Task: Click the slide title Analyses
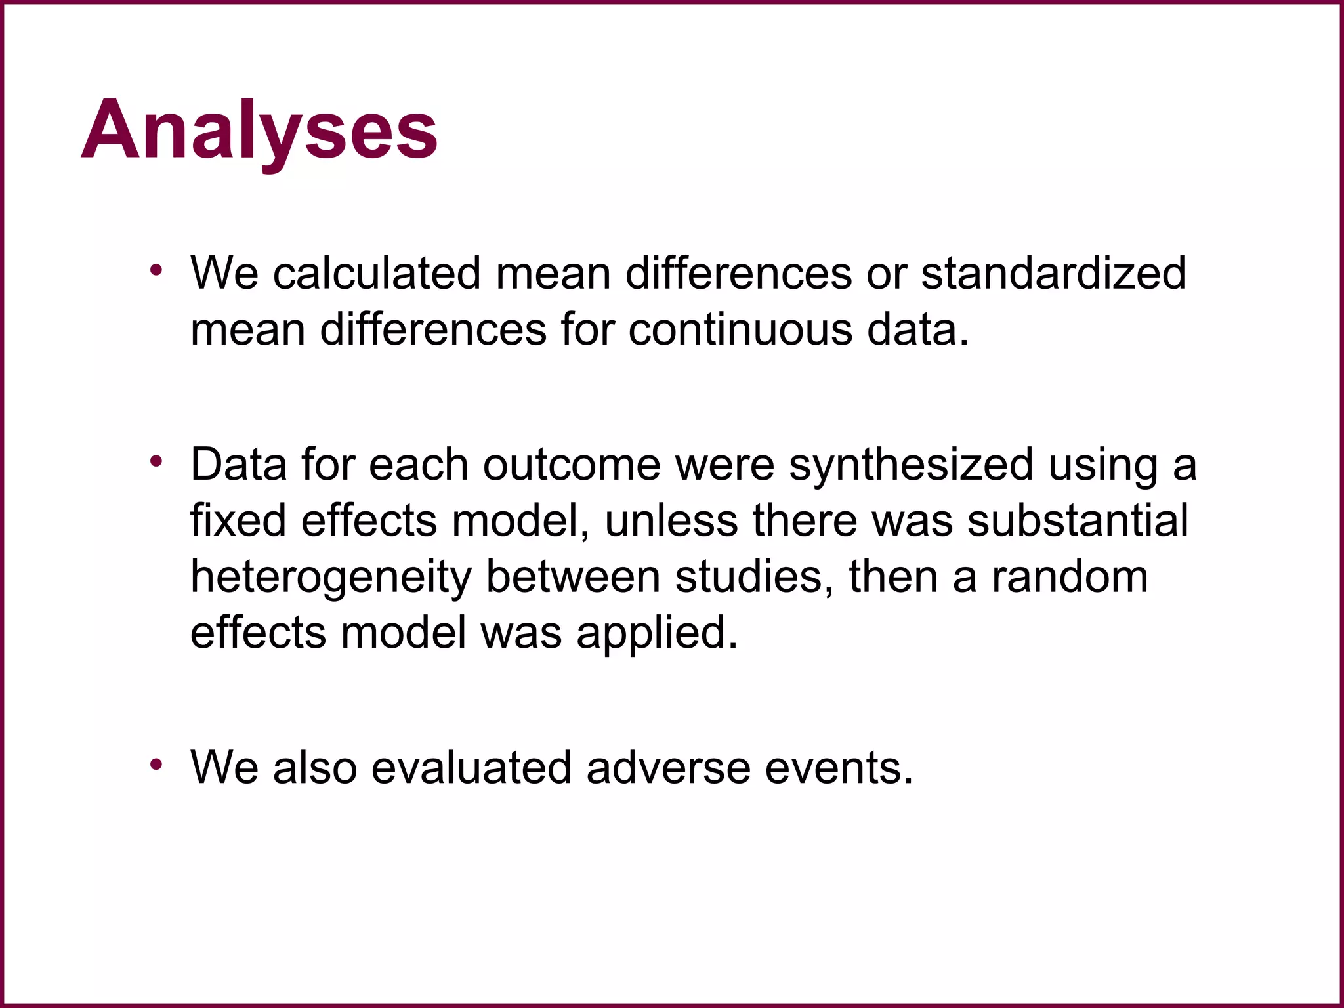coord(259,129)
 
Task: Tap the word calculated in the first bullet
coord(377,273)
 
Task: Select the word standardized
coord(1053,273)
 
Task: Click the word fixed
coord(238,520)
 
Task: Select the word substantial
coord(1078,520)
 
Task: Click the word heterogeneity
coord(331,577)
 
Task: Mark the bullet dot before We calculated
coord(156,270)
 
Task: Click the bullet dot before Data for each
coord(156,461)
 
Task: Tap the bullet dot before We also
coord(156,764)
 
